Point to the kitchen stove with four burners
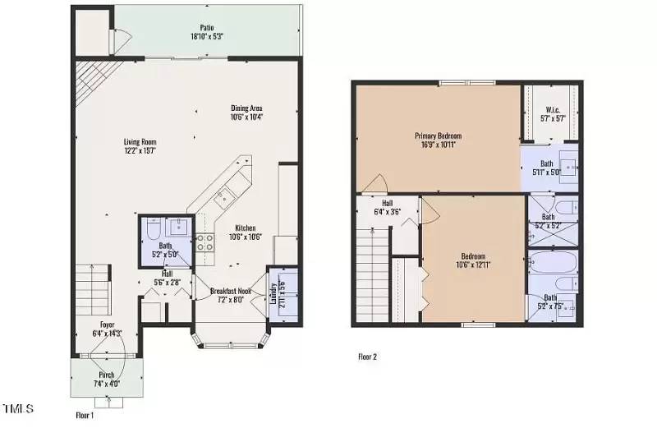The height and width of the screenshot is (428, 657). coord(204,242)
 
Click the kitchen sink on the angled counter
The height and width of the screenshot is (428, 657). coord(222,197)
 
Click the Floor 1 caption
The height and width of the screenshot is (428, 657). coord(85,416)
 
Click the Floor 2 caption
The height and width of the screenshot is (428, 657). coord(367,357)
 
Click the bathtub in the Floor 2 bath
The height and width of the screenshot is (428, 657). coord(554,266)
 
